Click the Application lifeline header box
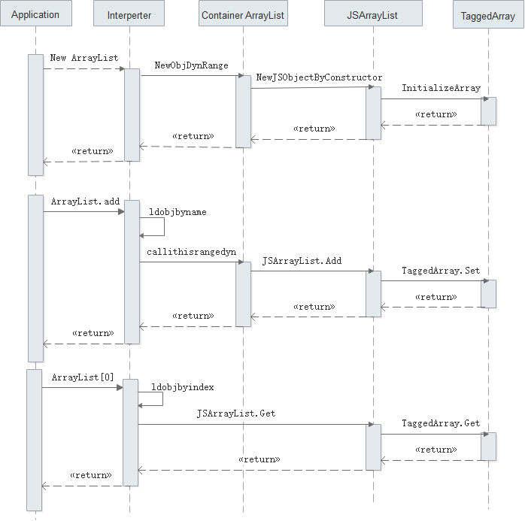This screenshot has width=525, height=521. (x=35, y=15)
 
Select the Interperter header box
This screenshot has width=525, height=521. (x=129, y=15)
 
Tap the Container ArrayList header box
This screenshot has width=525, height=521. (x=243, y=15)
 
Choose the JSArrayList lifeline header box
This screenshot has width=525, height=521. (x=373, y=15)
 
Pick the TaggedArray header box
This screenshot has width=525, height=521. (x=487, y=16)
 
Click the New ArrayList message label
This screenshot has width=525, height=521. (x=84, y=58)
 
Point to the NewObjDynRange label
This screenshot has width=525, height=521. (x=191, y=65)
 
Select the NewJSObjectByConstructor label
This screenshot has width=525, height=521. (x=319, y=77)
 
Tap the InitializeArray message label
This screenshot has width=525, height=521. (x=441, y=88)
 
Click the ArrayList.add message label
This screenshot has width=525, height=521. (x=85, y=201)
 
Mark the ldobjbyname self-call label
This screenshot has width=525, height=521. (x=178, y=212)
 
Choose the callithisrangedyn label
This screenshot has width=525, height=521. (x=191, y=253)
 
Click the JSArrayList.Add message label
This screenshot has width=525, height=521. (x=302, y=261)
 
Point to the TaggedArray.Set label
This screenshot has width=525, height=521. (x=441, y=271)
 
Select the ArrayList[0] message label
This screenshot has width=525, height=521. (x=83, y=377)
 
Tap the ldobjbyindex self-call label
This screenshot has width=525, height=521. (x=181, y=387)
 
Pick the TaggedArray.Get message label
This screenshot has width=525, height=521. (x=441, y=423)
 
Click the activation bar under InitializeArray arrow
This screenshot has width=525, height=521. (x=488, y=111)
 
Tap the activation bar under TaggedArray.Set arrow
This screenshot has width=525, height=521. (x=488, y=293)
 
